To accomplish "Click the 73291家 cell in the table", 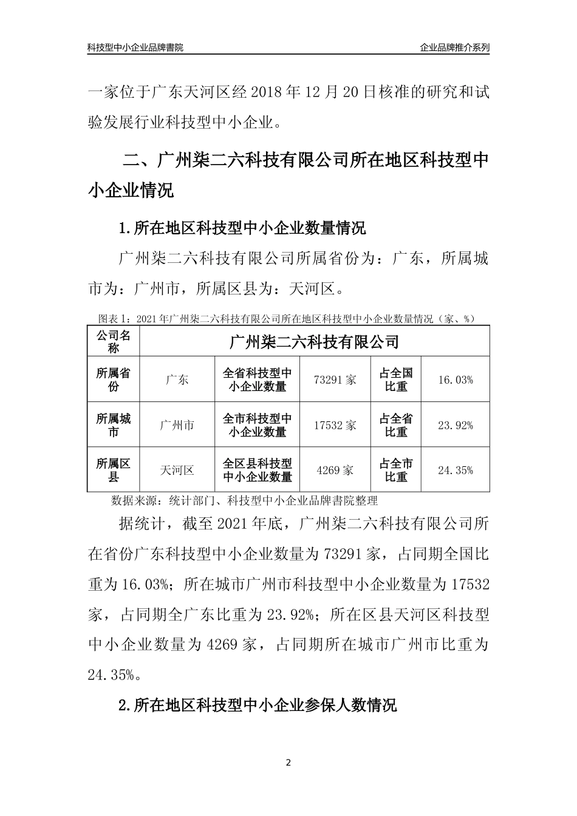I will coord(335,380).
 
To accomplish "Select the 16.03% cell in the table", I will coord(455,380).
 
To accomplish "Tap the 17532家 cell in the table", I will coord(335,425).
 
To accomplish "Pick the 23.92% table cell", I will coord(455,425).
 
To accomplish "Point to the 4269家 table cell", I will coord(335,470).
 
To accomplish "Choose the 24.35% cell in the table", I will coord(455,470).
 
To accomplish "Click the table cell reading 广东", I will coord(177,380).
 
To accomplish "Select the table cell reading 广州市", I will coord(177,425).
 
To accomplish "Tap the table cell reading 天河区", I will coord(177,470).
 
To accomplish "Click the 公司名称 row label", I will coord(114,341).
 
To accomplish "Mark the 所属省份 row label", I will coord(114,380).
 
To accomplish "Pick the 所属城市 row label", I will coord(114,425).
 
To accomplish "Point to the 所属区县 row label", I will coord(114,470).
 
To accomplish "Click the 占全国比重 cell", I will coord(396,380).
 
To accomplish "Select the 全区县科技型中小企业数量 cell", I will coord(258,470).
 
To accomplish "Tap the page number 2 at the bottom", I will coord(288,763).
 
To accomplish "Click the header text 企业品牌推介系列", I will coord(454,47).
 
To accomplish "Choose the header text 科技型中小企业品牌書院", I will coord(135,47).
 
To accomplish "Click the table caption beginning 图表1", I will coord(286,318).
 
